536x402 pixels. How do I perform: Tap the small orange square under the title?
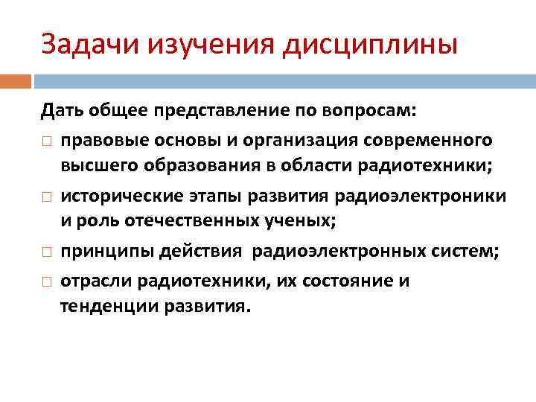[x=16, y=80]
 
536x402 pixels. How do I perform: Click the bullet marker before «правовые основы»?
[x=46, y=141]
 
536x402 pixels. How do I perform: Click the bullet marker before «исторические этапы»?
[x=46, y=197]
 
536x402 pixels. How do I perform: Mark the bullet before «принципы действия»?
[x=46, y=252]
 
